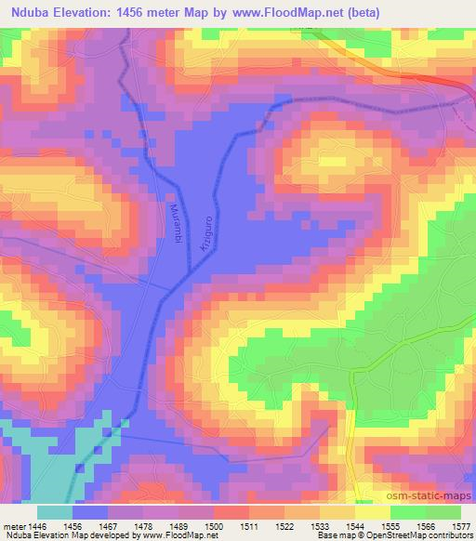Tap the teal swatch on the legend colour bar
point(54,511)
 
